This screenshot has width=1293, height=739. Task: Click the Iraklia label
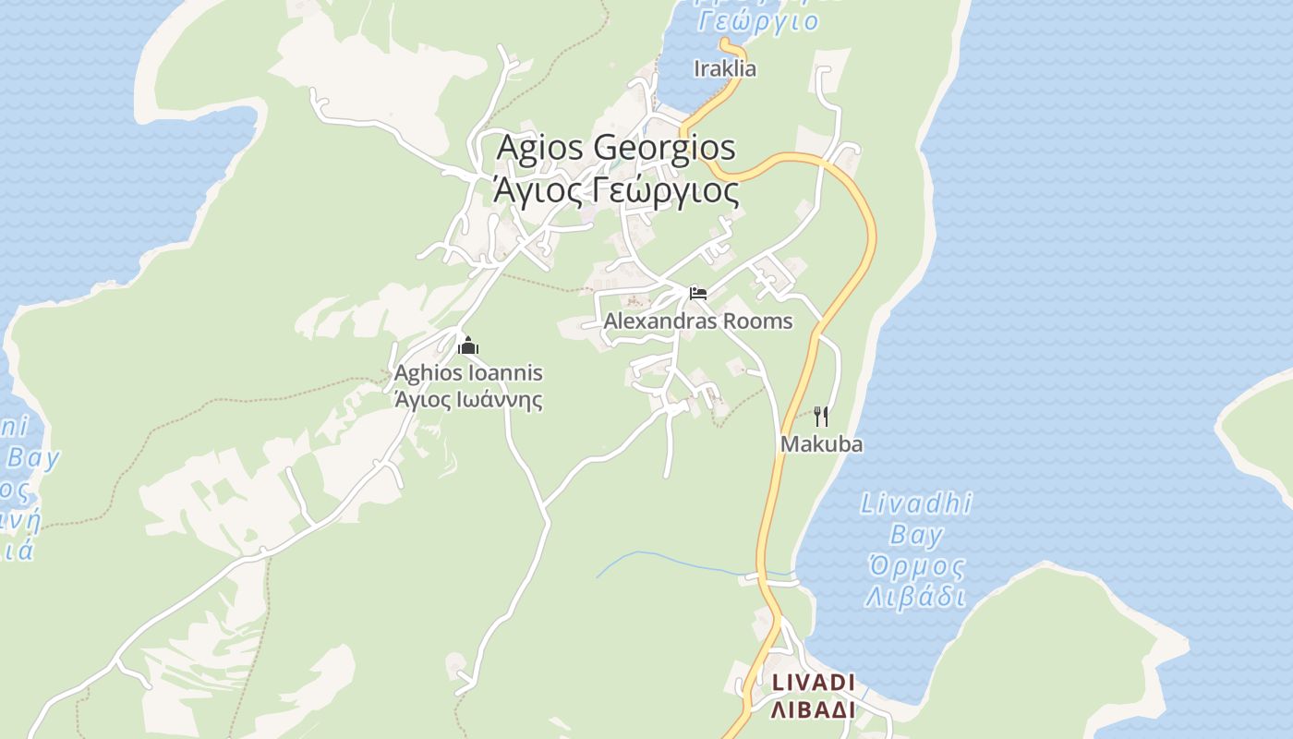point(725,68)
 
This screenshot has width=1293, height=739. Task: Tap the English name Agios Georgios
point(616,148)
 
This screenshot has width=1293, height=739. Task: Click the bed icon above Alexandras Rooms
point(698,294)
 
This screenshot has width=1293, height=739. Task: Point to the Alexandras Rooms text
point(698,321)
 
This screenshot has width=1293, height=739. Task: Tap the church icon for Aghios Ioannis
point(468,346)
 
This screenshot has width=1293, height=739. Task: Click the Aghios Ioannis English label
point(468,373)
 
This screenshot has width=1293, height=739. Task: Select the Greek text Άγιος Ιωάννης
point(468,400)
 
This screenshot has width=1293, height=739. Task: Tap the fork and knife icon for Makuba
point(821,417)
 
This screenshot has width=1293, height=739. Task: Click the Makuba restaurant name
point(821,444)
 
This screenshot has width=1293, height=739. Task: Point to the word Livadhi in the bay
point(916,504)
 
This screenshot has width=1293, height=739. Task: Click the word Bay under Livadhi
point(916,535)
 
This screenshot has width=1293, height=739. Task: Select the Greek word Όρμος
point(916,566)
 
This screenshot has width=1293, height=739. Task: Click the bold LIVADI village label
point(814,683)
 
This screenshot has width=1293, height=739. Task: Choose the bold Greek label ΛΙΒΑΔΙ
point(814,709)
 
